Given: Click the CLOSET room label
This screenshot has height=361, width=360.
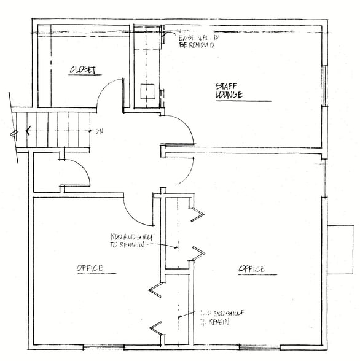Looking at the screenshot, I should coord(84,70).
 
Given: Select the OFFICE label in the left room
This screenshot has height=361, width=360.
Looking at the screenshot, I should coord(90,268).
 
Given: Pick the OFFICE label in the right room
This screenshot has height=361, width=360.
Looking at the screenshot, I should coord(251,269).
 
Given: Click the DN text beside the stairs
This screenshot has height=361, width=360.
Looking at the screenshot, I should coord(99,131).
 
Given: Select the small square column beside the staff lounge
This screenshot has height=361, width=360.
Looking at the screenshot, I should coord(147,91).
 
